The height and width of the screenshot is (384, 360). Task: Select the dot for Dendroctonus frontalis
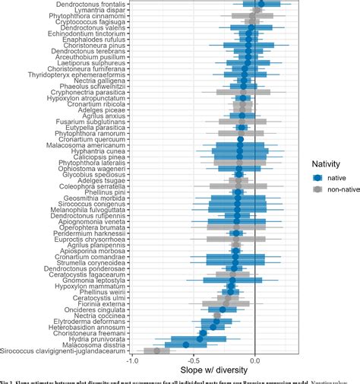tap(261, 4)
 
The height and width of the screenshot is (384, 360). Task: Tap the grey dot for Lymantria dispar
tap(258, 10)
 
